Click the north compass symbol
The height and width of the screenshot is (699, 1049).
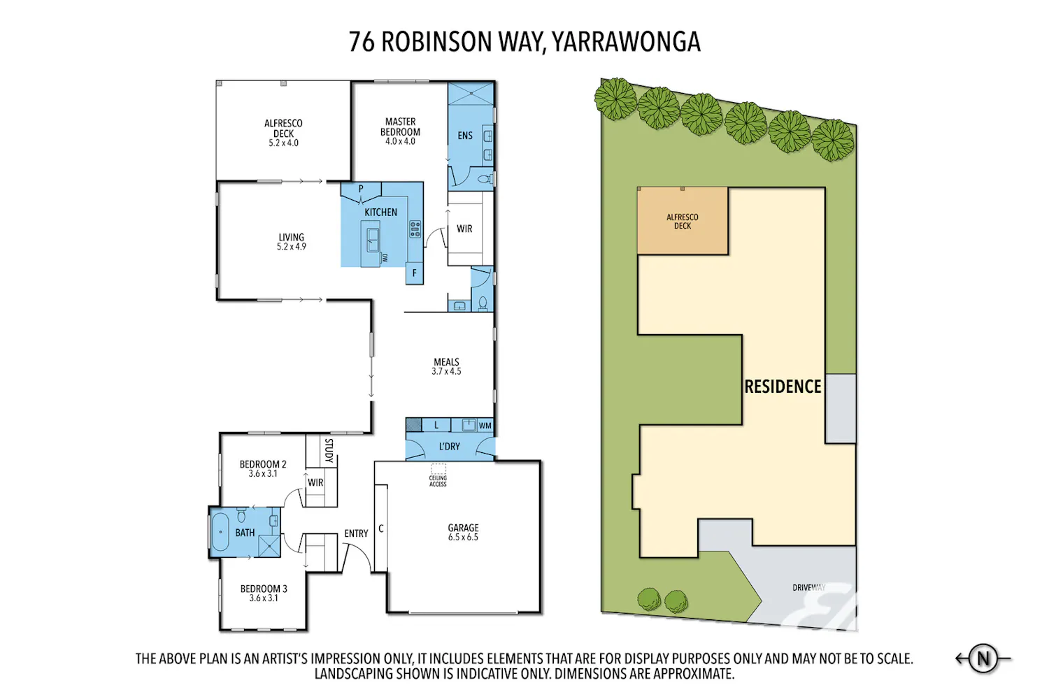click(x=983, y=658)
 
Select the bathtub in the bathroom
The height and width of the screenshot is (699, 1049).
click(x=220, y=532)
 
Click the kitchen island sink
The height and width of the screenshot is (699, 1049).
click(x=373, y=240)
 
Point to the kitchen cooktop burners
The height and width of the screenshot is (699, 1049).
click(x=415, y=229)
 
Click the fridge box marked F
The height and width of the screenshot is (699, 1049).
click(x=414, y=273)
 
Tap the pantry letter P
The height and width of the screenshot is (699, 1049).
click(x=361, y=189)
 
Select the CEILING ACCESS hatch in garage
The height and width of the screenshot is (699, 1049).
click(x=438, y=469)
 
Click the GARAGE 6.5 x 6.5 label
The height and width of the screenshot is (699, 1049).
click(x=463, y=533)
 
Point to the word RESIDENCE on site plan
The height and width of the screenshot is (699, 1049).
click(x=783, y=387)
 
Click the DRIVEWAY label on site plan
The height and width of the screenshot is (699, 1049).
click(x=808, y=588)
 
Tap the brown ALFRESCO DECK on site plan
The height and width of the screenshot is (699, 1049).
click(x=683, y=221)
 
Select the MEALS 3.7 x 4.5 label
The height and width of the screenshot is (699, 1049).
click(x=446, y=366)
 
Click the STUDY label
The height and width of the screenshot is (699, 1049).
click(x=329, y=450)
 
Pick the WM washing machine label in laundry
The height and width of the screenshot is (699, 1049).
click(x=485, y=426)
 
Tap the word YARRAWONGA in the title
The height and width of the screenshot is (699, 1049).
click(x=626, y=42)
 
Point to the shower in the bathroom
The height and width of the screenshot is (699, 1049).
click(x=269, y=546)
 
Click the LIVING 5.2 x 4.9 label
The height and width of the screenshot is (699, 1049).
click(x=292, y=242)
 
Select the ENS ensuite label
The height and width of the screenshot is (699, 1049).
click(x=465, y=136)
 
